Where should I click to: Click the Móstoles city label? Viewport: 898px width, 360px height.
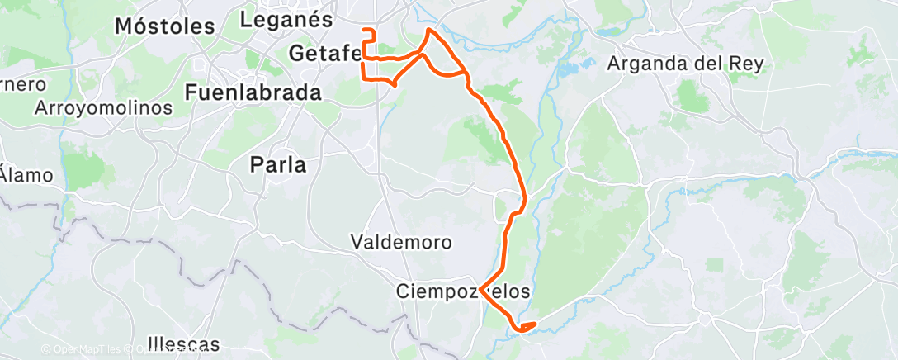(164, 26)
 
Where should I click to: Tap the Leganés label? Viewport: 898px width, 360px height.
(286, 20)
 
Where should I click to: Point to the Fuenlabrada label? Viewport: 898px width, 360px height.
(253, 92)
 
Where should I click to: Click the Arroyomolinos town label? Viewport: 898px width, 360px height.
(104, 108)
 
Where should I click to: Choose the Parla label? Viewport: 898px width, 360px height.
(278, 165)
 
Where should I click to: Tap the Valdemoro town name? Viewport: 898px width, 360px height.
(401, 243)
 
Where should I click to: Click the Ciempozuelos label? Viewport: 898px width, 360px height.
(462, 291)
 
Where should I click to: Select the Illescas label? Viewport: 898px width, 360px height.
(183, 343)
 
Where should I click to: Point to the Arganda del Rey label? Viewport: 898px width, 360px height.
(685, 64)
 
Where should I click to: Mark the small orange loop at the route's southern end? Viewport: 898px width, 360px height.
(526, 326)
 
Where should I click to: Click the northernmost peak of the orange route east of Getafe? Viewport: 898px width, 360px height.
(428, 30)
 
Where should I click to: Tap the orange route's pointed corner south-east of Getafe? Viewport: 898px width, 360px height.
(395, 83)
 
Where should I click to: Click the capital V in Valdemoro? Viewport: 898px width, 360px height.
(357, 243)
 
